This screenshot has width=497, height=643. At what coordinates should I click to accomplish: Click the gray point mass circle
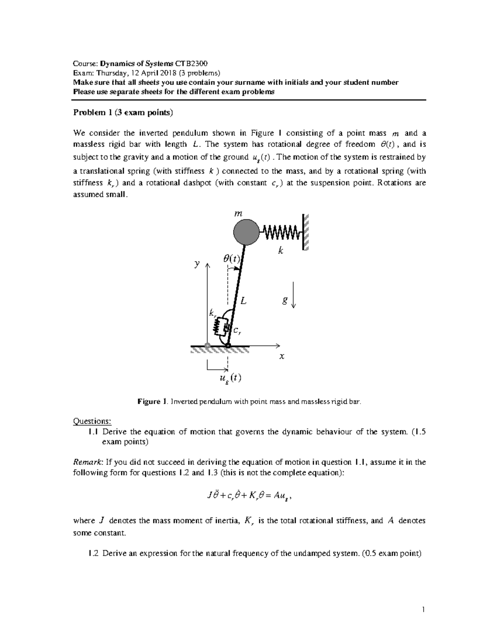coord(248,232)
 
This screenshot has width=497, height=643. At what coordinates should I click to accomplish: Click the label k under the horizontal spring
coord(281,250)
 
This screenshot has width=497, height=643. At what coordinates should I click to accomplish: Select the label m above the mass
coord(238,214)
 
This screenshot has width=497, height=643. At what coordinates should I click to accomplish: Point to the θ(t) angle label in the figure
coord(231,259)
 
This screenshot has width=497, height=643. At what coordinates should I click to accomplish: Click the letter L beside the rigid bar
coord(244,301)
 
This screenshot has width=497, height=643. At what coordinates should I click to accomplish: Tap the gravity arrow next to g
coord(293,295)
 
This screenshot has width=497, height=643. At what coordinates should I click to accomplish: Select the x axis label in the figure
coord(282,356)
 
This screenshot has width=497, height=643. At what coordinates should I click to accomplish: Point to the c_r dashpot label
coord(237,330)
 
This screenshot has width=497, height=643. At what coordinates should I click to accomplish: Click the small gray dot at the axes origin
coord(207,345)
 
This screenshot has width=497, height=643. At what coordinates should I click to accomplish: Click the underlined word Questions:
coord(92,421)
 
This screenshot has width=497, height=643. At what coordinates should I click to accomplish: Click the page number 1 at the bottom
coord(423,609)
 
